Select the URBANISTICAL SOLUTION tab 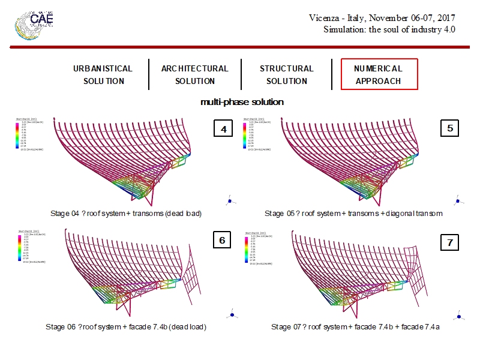pos(103,74)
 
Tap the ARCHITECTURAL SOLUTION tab pos(194,74)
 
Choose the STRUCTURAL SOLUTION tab pos(286,74)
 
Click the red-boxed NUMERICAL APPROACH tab pos(379,74)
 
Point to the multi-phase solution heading pos(242,102)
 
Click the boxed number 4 pos(223,129)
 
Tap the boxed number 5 pos(449,128)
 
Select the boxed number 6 pos(221,241)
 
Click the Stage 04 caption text pos(126,213)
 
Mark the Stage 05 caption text pos(353,213)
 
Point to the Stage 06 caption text pos(126,327)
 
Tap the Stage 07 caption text pos(355,327)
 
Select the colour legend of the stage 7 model pos(252,249)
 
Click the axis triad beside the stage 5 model pos(458,200)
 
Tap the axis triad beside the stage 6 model pos(232,313)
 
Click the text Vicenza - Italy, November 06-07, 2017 pos(382,18)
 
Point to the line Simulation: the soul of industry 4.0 pos(389,29)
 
